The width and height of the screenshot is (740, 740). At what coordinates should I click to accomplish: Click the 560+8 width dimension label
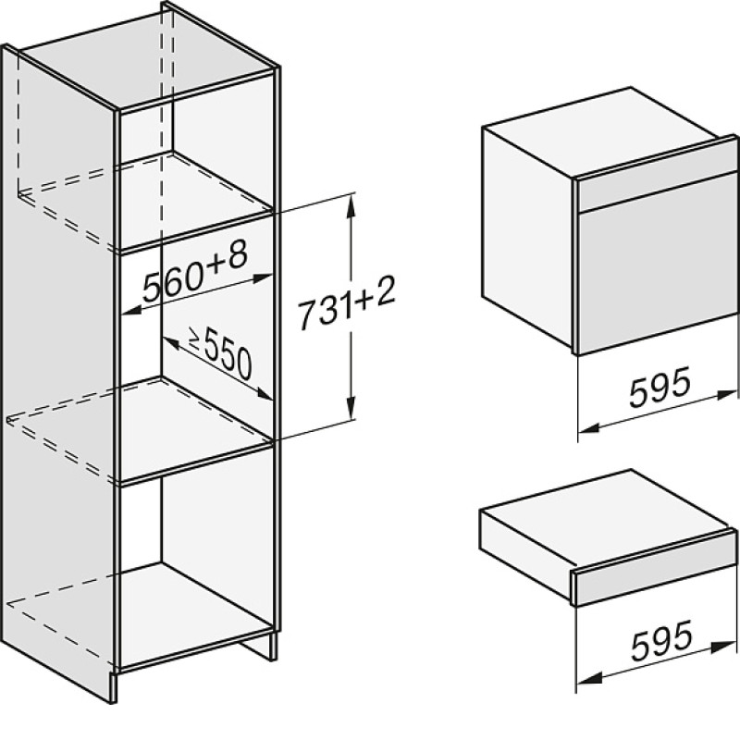tap(195, 273)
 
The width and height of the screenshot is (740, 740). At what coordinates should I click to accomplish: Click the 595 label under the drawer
tap(661, 639)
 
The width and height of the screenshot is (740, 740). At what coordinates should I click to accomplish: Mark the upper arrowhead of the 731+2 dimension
tap(351, 206)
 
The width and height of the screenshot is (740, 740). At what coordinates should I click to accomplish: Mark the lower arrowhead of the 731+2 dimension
tap(351, 407)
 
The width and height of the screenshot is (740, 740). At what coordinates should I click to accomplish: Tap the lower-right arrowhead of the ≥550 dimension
tap(264, 393)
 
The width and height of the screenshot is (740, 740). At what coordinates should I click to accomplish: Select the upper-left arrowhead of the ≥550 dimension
tap(170, 342)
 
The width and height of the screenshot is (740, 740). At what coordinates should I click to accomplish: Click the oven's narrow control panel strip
tap(658, 193)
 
